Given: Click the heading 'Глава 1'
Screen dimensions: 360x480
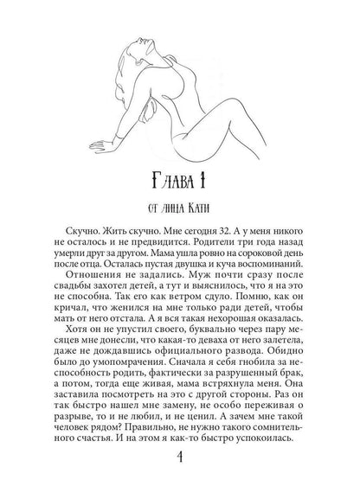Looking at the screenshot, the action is tap(180, 183).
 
